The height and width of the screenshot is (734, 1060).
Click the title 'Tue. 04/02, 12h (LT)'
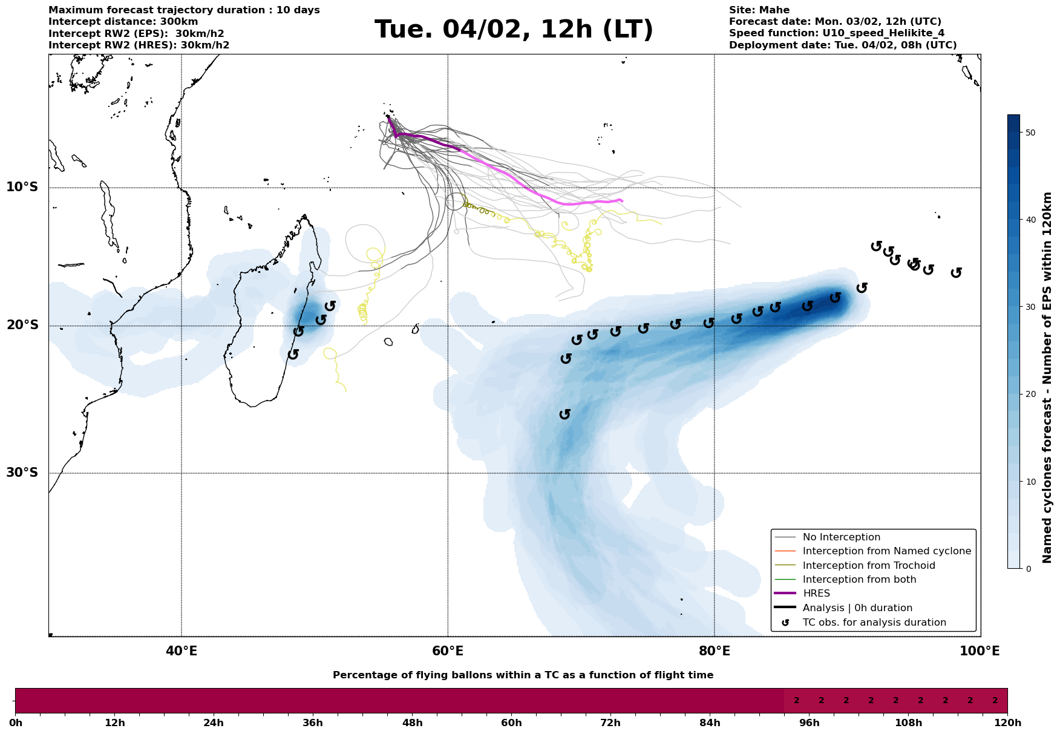coord(514,30)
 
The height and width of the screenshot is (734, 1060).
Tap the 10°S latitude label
coord(22,187)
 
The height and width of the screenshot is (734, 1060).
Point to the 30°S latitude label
coord(22,473)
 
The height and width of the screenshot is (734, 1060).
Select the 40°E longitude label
coord(182,652)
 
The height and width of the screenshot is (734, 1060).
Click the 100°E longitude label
coord(980,652)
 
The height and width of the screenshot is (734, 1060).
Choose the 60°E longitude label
coord(448,652)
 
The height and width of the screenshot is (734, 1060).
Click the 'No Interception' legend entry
coord(841,537)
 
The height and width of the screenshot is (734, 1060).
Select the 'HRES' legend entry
coord(816,594)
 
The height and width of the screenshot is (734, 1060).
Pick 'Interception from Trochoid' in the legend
coord(869,566)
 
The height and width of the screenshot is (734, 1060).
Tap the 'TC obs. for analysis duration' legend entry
coord(874,623)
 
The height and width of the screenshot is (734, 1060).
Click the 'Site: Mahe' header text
coord(759,10)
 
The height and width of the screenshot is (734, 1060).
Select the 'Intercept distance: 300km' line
coord(123,22)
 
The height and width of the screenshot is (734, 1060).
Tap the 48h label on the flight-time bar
coord(412,723)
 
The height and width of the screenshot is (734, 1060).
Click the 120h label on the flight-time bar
coord(1007,723)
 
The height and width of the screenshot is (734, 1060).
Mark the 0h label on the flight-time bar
coord(16,723)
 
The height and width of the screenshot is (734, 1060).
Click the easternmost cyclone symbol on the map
coord(956,273)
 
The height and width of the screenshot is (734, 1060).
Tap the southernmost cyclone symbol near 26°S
coord(565,414)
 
